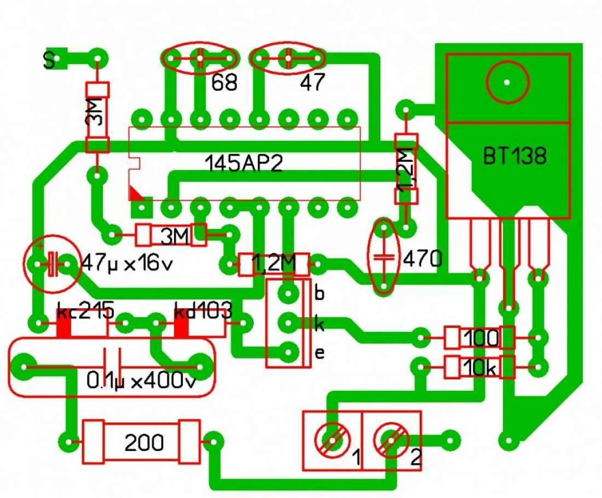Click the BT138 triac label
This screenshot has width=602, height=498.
tap(514, 157)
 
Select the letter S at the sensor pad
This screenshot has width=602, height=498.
tap(49, 61)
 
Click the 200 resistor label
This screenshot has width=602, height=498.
tap(144, 443)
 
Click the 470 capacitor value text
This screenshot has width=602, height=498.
tap(422, 259)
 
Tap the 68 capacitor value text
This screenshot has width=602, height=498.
tap(225, 83)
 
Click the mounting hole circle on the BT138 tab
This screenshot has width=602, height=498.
tap(507, 82)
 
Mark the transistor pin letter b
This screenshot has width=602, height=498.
tap(320, 293)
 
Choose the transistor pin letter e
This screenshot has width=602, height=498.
tap(320, 353)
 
